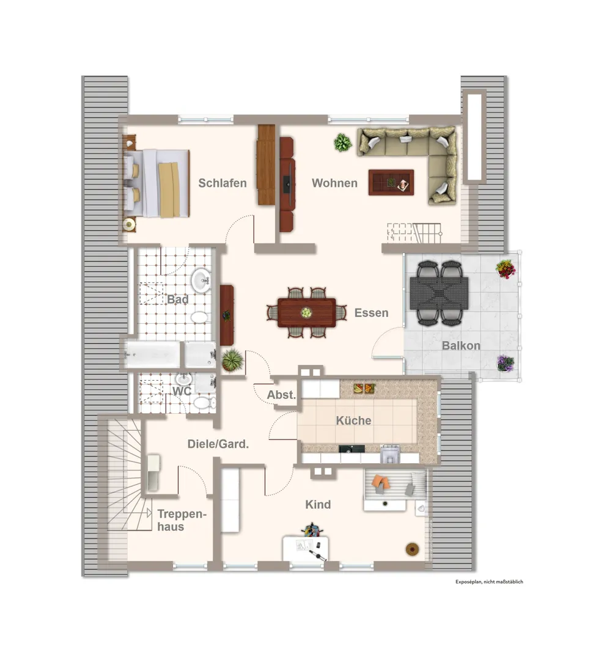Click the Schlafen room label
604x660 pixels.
tap(223, 183)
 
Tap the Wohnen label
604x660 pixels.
tap(334, 183)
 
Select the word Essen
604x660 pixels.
tap(371, 313)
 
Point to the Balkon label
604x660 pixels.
tap(461, 345)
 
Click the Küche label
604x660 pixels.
tap(353, 420)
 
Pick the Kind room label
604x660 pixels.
tap(318, 504)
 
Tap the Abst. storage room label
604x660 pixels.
tap(281, 395)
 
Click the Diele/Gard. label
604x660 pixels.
tap(218, 444)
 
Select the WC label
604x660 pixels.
tap(182, 391)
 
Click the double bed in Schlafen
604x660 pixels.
tap(157, 183)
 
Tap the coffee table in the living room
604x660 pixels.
tap(391, 182)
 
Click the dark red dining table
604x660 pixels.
tap(307, 313)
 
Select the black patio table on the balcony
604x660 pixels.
tap(439, 293)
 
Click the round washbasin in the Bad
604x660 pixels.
tap(201, 280)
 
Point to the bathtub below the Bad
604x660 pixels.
tap(152, 354)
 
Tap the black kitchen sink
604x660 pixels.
tap(352, 449)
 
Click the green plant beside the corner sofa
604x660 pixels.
tap(343, 142)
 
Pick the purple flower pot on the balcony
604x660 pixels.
tap(505, 363)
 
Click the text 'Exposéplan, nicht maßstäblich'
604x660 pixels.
tap(489, 582)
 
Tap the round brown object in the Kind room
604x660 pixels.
tap(413, 549)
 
